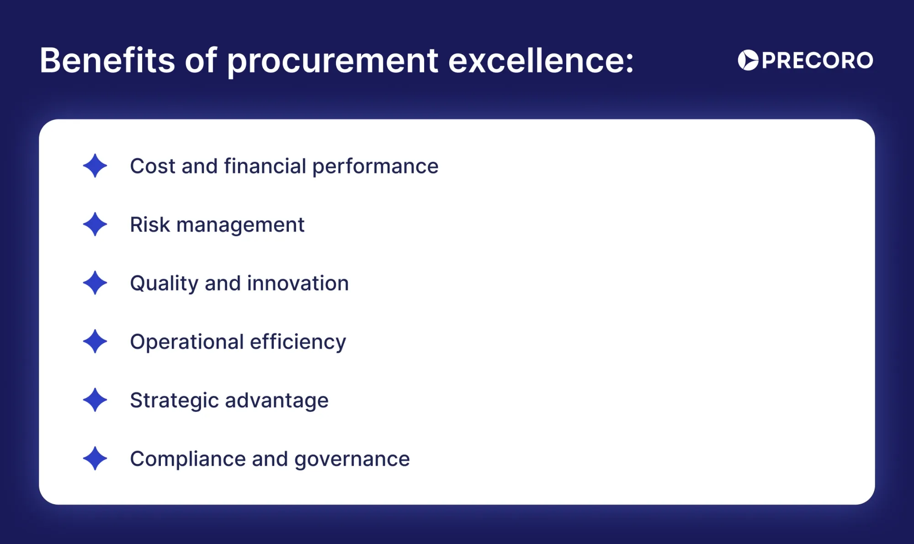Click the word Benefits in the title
point(107,60)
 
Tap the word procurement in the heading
point(333,61)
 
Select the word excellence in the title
point(540,60)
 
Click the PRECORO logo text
point(817,60)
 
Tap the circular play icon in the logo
point(748,60)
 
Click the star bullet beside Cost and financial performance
point(95,166)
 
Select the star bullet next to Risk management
point(95,224)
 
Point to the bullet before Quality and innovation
point(95,283)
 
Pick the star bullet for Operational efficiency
point(95,341)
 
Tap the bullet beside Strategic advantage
point(95,400)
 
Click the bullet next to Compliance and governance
point(95,458)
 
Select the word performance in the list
point(375,167)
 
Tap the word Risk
point(150,225)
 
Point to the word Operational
point(187,342)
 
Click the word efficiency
point(298,342)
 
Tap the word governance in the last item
point(352,459)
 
